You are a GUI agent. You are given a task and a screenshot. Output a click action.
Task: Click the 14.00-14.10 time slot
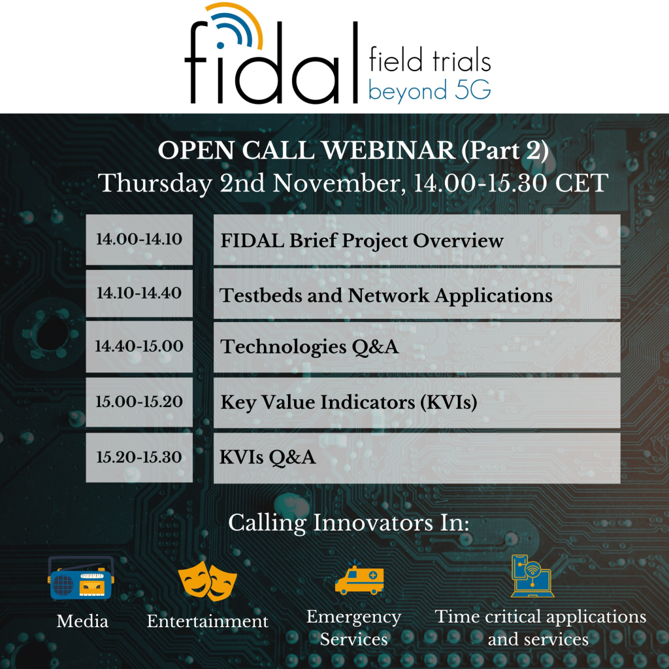point(139,239)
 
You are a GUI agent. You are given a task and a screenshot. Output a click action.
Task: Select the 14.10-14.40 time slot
point(139,293)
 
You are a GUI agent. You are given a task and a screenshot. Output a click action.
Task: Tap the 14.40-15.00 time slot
point(139,346)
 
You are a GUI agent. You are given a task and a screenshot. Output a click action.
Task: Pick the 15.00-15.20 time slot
point(139,402)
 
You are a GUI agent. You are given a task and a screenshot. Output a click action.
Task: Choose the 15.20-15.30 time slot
point(139,457)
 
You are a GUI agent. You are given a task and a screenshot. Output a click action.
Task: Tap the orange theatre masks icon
point(208,577)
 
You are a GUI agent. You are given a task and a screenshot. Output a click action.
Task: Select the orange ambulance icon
point(359,578)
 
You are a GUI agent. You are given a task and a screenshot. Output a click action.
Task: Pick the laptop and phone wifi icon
point(531,576)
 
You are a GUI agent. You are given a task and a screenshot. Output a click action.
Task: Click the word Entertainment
point(208,621)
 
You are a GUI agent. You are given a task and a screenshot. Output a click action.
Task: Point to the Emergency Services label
point(353,628)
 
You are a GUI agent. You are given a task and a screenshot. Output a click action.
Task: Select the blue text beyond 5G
point(429,91)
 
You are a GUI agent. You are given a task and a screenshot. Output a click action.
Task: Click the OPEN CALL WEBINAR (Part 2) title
point(353,151)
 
